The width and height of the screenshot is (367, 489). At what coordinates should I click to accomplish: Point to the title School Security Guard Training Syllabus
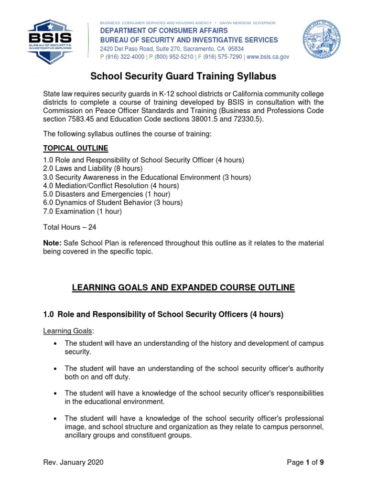pyautogui.click(x=183, y=76)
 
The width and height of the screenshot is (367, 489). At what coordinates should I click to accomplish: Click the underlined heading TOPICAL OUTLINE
pyautogui.click(x=76, y=148)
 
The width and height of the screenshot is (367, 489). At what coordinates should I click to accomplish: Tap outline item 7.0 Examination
pyautogui.click(x=82, y=211)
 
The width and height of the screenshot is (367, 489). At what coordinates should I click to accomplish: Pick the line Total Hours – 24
pyautogui.click(x=70, y=228)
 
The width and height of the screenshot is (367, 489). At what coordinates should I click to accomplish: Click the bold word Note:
pyautogui.click(x=52, y=244)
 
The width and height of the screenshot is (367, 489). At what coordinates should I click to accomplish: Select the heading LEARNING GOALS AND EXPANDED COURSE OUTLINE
pyautogui.click(x=183, y=287)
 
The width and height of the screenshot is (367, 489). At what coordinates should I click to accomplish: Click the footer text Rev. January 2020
pyautogui.click(x=73, y=462)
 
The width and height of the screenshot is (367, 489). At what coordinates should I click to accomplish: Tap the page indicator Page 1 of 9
pyautogui.click(x=308, y=462)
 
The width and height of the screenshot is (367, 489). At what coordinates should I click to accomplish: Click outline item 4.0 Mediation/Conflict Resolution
pyautogui.click(x=111, y=186)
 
